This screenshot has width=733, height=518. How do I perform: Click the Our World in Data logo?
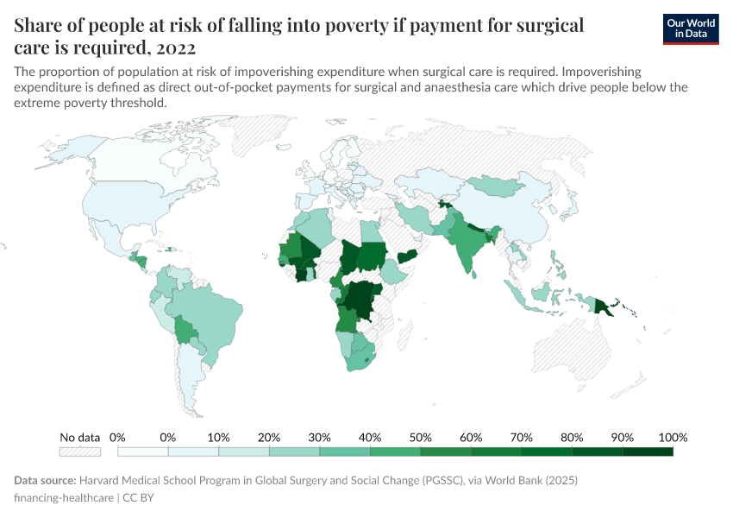pos(691,28)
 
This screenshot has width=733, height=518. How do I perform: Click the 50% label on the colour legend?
pos(421,437)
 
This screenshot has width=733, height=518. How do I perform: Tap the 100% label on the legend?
pos(673,437)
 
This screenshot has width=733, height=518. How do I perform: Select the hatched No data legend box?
pos(80,451)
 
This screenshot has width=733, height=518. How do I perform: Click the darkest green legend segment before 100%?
pos(648,451)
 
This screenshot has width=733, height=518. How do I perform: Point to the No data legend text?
pos(80,437)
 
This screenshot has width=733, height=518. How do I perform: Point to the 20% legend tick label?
pos(269,437)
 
